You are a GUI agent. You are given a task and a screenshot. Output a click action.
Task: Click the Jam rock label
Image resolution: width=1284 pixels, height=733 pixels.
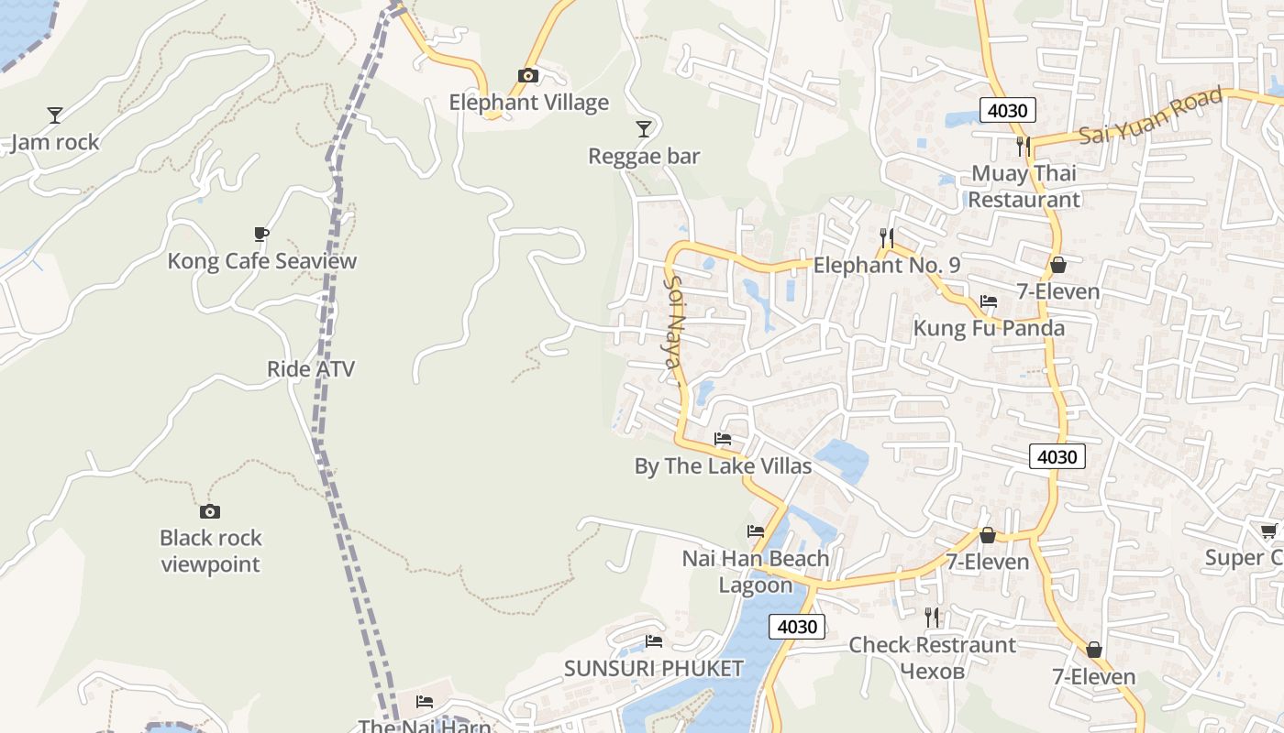tap(55, 143)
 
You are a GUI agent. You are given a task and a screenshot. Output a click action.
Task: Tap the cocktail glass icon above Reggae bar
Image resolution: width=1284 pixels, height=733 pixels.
tap(644, 128)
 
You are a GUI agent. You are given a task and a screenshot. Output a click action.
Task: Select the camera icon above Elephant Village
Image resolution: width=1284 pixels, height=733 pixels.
tap(528, 75)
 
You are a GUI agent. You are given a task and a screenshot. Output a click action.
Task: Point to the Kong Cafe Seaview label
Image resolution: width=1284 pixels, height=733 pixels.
tap(261, 261)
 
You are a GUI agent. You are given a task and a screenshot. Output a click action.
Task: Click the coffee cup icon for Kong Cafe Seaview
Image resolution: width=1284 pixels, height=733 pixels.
tap(261, 234)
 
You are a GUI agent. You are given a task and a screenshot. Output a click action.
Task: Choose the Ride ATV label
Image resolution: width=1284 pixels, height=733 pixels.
tap(311, 369)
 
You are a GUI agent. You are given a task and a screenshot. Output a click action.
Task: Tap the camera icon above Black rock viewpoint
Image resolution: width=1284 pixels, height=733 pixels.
tap(210, 511)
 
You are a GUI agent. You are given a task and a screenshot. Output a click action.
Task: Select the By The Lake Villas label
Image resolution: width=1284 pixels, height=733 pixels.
tap(723, 466)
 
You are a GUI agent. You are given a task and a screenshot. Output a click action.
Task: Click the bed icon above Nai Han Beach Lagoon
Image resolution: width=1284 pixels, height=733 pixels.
tap(756, 531)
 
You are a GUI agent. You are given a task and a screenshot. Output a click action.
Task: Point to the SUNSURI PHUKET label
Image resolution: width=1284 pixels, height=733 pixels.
tap(653, 669)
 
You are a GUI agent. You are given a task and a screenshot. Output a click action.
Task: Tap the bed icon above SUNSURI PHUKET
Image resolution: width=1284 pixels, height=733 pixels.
tap(653, 641)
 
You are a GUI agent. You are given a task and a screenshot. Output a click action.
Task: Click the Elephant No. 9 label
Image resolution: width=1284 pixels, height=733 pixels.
tap(887, 266)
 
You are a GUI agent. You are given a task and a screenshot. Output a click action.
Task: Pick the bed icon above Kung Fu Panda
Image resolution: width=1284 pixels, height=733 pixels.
tap(989, 301)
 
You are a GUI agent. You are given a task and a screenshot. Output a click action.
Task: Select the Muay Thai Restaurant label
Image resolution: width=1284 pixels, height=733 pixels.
tap(1024, 186)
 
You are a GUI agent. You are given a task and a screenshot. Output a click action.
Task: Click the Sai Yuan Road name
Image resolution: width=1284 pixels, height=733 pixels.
tap(1151, 115)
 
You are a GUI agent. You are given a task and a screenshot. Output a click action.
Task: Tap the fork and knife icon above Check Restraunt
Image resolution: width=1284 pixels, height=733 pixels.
tap(932, 618)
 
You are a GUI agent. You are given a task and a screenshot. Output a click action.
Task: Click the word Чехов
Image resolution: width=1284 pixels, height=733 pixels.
tap(932, 672)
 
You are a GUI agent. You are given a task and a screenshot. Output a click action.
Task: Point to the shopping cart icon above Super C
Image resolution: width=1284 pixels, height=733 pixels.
tap(1269, 531)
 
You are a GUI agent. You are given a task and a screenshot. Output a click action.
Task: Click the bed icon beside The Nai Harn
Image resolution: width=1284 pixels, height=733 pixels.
tap(425, 702)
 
